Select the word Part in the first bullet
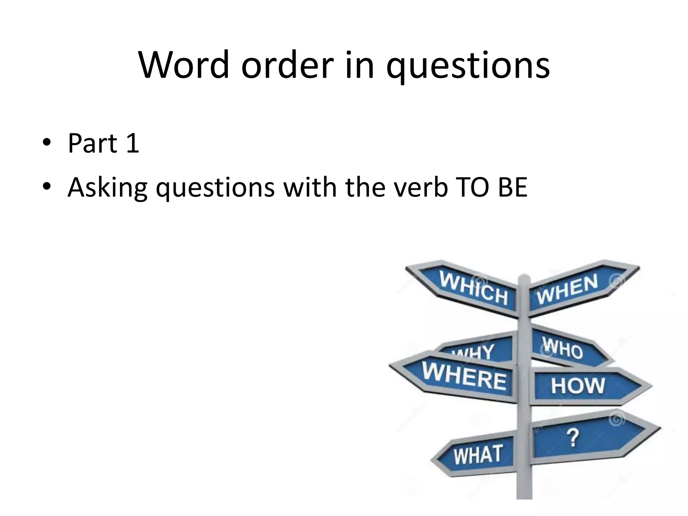pos(93,143)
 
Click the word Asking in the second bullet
pos(107,187)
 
